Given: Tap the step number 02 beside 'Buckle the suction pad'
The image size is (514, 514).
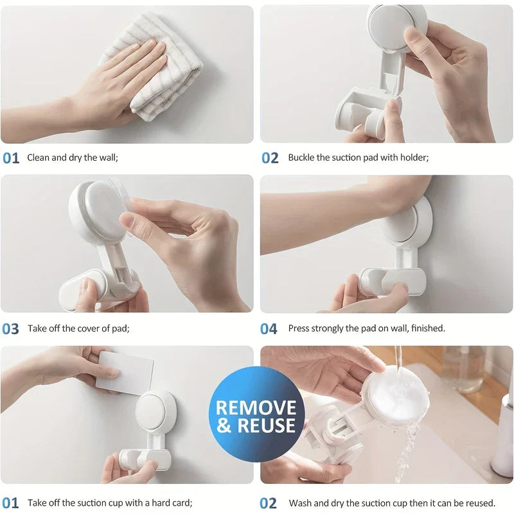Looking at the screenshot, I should coord(269,158).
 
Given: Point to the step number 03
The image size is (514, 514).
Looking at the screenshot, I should coord(10,329).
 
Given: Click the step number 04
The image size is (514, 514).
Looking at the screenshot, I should coord(269,329).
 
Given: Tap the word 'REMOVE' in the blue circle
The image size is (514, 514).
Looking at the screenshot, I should coord(256,407).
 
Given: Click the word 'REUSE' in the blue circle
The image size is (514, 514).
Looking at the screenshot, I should coord(269,425).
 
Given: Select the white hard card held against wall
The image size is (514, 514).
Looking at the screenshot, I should coord(125,371).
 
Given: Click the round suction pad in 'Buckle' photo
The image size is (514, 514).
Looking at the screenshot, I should coord(391,26).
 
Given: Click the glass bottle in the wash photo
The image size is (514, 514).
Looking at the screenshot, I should coord(462,369).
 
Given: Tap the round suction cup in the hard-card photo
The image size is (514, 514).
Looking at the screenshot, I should coord(154,411).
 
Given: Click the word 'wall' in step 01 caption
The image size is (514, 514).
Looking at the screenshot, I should coord(106,157).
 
